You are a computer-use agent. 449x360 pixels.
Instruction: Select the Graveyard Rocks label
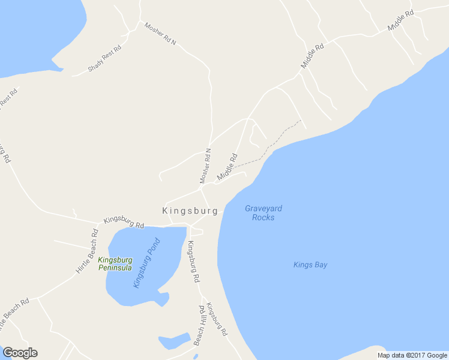[264, 213]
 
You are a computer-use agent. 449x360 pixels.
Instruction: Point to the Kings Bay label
[310, 265]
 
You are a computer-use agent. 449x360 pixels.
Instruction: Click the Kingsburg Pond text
[147, 263]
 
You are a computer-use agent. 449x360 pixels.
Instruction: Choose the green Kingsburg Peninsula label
[115, 264]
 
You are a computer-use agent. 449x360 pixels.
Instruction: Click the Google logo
[20, 353]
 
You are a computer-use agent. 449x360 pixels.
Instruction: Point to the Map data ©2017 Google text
[412, 355]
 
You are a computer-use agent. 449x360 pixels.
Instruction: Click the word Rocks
[264, 217]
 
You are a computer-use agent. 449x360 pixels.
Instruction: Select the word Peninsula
[115, 268]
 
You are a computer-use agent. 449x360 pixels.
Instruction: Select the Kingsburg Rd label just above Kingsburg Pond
[124, 222]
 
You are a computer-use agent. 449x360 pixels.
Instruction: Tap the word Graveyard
[264, 209]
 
